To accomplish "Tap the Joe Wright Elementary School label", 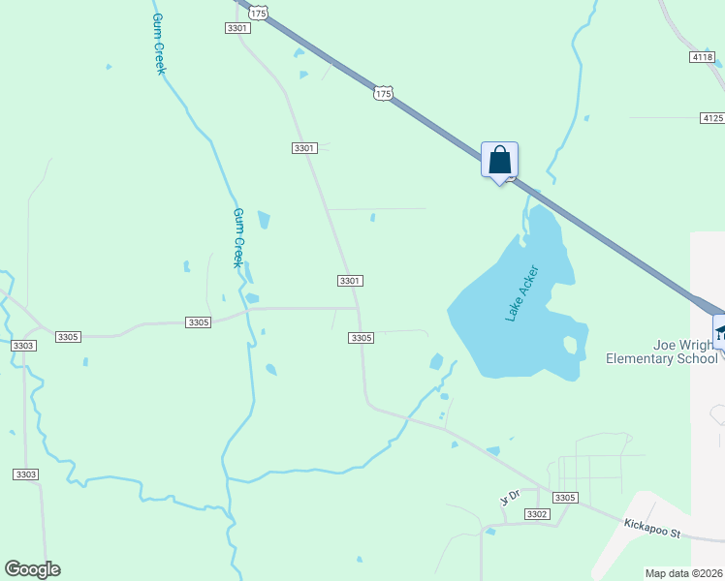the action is [662, 352].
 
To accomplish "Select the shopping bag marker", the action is [499, 160].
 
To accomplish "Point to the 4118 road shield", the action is [703, 58].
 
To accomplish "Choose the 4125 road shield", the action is [712, 117].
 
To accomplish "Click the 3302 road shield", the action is [537, 514].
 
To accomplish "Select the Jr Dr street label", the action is [510, 498].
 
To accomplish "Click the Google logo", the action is [32, 569].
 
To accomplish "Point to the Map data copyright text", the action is [684, 573].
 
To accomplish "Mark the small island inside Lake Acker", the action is [570, 344].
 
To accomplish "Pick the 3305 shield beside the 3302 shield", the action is [565, 497].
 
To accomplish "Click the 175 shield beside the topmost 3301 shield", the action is [257, 13].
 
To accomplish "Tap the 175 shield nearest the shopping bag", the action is [383, 93].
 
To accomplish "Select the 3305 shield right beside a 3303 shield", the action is [68, 336].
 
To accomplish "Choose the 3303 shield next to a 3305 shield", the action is [24, 346].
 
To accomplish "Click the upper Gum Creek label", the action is [158, 44].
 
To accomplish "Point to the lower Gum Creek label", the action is [237, 237].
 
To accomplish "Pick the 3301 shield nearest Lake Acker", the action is [350, 281].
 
